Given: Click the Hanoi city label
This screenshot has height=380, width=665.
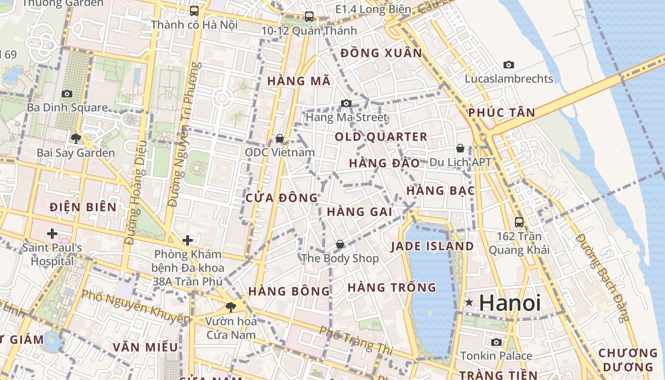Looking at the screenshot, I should [510, 303].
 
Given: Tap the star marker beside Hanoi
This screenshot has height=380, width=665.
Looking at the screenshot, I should [469, 302].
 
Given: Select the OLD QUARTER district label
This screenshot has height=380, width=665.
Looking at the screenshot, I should [381, 137].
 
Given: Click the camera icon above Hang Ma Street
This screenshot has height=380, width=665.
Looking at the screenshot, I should [346, 103].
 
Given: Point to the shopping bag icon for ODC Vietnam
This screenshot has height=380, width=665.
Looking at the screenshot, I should [280, 138].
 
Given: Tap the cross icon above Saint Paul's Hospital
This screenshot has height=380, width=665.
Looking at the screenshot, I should [52, 234].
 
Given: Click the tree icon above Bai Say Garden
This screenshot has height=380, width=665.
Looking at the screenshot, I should [76, 139].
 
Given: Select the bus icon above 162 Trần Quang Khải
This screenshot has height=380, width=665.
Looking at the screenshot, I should [519, 222].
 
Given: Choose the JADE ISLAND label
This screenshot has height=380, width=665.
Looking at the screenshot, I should [432, 246].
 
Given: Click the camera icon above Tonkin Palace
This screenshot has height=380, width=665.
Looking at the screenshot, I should [496, 342].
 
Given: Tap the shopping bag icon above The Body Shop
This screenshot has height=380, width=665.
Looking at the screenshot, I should [340, 244].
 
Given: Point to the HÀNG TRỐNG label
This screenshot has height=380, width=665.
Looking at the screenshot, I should [392, 287].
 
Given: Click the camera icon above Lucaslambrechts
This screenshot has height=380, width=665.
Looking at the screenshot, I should [509, 65].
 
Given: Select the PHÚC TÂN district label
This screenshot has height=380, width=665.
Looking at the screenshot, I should [502, 113].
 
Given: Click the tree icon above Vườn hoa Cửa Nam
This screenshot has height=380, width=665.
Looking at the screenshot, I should [231, 307].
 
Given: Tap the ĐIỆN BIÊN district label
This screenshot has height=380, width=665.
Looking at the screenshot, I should [83, 207].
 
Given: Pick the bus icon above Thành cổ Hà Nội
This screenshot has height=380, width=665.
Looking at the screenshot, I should [194, 10].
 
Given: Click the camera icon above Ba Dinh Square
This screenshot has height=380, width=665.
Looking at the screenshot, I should [67, 94].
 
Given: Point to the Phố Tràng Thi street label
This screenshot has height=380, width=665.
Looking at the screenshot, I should [356, 340].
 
